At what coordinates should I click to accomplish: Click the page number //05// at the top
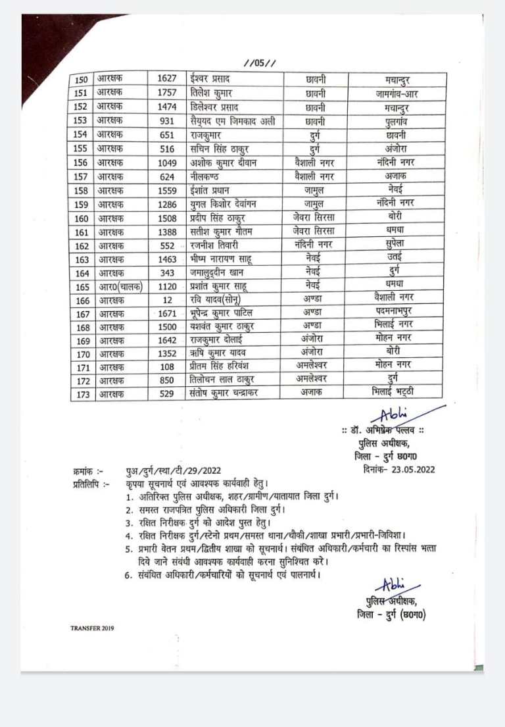(x=259, y=63)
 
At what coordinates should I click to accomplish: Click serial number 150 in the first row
(x=81, y=79)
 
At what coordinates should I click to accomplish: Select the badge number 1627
(x=166, y=79)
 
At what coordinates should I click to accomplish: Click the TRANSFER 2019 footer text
(x=92, y=628)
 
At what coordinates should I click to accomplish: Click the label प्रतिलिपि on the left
(x=87, y=486)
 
